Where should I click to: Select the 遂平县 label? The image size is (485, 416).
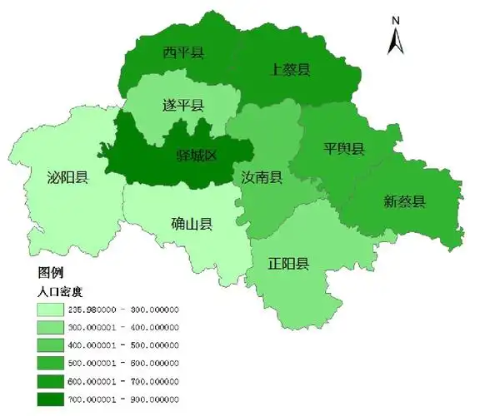[x=182, y=106]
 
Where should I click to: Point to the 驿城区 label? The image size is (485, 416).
[x=197, y=156]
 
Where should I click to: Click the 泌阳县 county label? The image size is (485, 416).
[x=67, y=177]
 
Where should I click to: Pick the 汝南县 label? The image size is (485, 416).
[x=262, y=178]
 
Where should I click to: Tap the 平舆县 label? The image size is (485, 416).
[x=344, y=149]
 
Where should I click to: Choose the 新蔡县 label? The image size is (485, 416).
[x=404, y=201]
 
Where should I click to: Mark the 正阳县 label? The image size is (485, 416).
[x=289, y=265]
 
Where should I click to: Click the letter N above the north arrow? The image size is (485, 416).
[x=397, y=20]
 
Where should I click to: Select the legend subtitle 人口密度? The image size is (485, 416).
[x=62, y=292]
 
